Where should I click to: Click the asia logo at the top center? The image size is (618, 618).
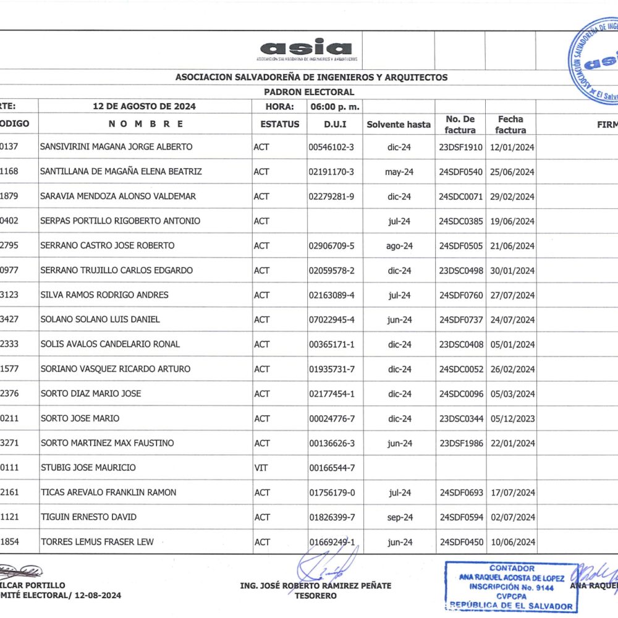pyautogui.click(x=306, y=49)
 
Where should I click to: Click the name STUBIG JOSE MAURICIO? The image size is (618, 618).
pyautogui.click(x=88, y=468)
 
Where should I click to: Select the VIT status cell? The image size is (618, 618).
pyautogui.click(x=260, y=468)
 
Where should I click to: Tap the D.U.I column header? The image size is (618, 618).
pyautogui.click(x=335, y=124)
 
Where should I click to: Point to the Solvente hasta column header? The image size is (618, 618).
pyautogui.click(x=399, y=124)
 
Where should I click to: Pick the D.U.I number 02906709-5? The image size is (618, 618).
pyautogui.click(x=331, y=246)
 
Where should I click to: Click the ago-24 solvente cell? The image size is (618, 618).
pyautogui.click(x=399, y=246)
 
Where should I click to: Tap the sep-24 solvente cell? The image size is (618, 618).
pyautogui.click(x=399, y=517)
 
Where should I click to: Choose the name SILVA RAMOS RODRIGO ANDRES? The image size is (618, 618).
pyautogui.click(x=104, y=295)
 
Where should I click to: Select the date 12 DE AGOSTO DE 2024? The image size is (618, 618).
pyautogui.click(x=144, y=106)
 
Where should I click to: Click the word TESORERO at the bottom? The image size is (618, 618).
pyautogui.click(x=315, y=596)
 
